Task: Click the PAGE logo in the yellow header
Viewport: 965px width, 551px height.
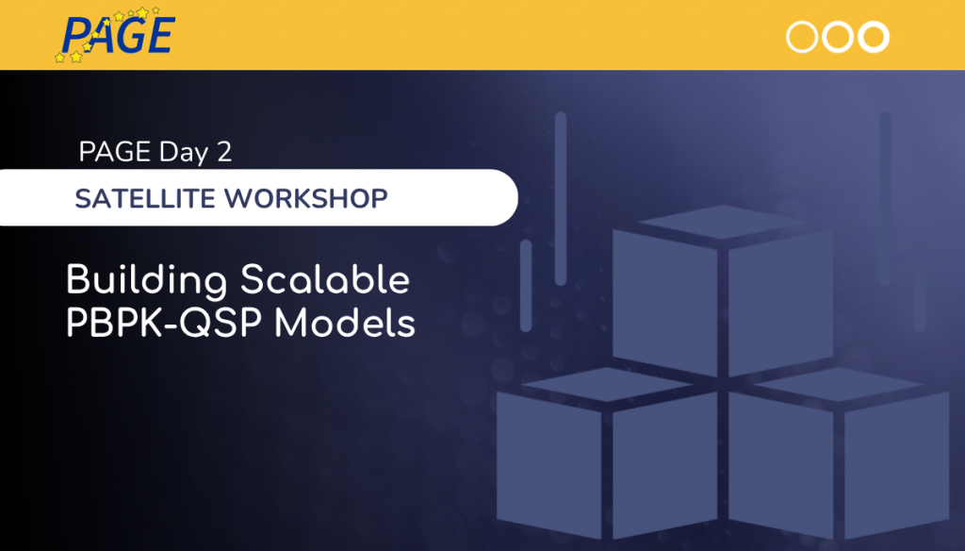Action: click(116, 35)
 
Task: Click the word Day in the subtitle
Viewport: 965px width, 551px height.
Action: click(184, 153)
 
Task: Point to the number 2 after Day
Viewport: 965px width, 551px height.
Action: click(224, 152)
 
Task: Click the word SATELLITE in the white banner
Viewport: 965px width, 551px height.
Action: click(145, 198)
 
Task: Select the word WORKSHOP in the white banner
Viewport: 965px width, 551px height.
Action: click(306, 198)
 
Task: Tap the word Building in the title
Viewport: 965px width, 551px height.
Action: click(147, 281)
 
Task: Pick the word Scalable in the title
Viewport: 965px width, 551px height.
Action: click(325, 280)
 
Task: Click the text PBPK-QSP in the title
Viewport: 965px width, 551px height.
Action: click(165, 324)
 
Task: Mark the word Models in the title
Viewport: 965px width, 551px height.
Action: click(345, 323)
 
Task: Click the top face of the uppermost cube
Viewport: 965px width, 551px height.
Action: click(723, 222)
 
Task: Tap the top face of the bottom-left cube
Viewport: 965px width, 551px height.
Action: click(607, 385)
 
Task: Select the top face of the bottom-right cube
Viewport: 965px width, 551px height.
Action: click(839, 385)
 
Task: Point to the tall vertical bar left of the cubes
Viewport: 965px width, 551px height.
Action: click(560, 198)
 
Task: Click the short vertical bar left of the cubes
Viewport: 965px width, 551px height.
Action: click(526, 286)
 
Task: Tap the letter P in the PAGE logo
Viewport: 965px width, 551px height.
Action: click(75, 35)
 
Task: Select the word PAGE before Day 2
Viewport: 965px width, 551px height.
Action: click(115, 152)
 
